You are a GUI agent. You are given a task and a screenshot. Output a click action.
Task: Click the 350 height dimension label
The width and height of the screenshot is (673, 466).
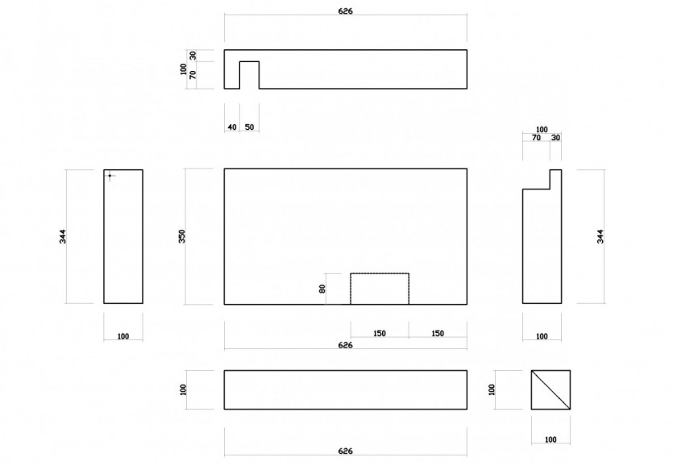click(x=182, y=236)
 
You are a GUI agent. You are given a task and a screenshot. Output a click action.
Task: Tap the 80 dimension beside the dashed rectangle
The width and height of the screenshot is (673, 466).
click(x=322, y=289)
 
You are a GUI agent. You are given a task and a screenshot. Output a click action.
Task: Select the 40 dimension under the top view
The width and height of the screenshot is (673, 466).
click(x=232, y=127)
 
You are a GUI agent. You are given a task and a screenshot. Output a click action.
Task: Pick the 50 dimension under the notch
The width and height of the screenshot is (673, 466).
click(x=249, y=127)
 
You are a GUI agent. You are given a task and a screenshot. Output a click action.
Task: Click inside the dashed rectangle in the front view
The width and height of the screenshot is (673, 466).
click(x=380, y=289)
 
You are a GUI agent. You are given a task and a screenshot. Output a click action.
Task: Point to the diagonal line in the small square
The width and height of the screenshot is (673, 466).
click(x=550, y=389)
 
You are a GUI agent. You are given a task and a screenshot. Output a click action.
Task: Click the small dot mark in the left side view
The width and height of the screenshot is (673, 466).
click(x=110, y=176)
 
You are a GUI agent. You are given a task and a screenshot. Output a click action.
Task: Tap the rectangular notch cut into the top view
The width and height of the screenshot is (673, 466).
click(x=249, y=75)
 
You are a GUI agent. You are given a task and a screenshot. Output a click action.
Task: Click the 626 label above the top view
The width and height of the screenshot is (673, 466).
click(x=346, y=11)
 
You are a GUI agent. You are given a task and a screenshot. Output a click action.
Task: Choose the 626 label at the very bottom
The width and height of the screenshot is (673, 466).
click(x=346, y=451)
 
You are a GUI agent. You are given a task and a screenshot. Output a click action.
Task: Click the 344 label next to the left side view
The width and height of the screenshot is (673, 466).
click(x=63, y=237)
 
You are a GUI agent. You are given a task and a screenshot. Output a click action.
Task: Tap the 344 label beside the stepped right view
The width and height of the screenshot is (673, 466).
click(x=600, y=237)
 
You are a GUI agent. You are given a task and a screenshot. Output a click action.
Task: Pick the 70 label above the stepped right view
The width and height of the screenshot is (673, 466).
click(x=536, y=138)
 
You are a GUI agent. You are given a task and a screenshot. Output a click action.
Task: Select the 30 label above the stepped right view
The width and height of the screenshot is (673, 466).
click(x=555, y=138)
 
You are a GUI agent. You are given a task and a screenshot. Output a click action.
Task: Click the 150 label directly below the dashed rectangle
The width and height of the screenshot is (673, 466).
click(x=380, y=333)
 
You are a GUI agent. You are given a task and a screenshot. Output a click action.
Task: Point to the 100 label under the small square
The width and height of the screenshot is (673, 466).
click(x=550, y=439)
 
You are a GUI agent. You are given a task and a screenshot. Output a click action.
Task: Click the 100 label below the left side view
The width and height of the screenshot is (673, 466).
click(x=123, y=336)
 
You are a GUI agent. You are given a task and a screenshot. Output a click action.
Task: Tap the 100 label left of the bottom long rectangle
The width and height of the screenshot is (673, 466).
click(x=183, y=389)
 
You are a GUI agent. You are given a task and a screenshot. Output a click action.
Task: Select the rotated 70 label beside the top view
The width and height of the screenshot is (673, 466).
click(x=193, y=75)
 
